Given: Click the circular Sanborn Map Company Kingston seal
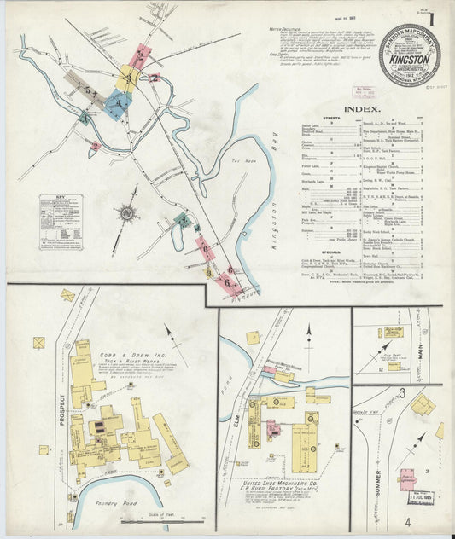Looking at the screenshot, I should pos(409,55).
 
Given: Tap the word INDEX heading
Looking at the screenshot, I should pos(361,110).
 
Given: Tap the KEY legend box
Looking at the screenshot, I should pos(60,221).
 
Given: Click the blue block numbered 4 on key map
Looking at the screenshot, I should pos(119,102).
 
